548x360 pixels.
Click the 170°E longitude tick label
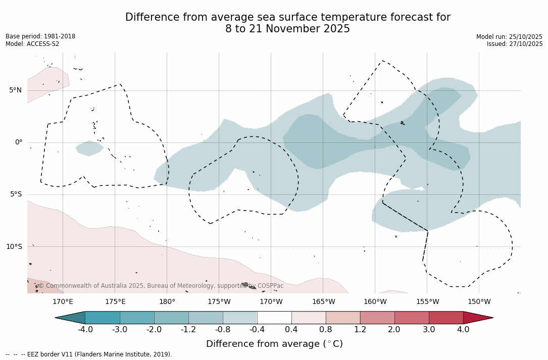click(x=63, y=302)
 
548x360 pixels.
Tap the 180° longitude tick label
click(x=167, y=302)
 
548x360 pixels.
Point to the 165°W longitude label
click(x=323, y=302)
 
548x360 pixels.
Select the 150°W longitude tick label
click(x=479, y=302)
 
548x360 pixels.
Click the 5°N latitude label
click(x=15, y=90)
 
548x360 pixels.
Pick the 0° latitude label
click(x=19, y=142)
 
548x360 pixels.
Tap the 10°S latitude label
click(x=14, y=247)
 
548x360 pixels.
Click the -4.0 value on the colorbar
click(x=85, y=330)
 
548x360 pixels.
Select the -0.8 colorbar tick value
click(x=223, y=330)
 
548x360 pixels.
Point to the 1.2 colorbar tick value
click(x=360, y=330)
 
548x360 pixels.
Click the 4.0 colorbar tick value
click(x=463, y=330)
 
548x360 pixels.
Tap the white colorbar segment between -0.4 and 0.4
click(x=274, y=318)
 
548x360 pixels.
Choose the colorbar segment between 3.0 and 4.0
click(x=446, y=318)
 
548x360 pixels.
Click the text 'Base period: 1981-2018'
click(x=40, y=36)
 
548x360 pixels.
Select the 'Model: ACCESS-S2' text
click(x=32, y=44)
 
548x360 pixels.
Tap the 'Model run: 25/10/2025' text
click(x=509, y=37)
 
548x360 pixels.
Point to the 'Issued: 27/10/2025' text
click(x=515, y=44)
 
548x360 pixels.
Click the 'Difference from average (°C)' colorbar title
click(x=274, y=344)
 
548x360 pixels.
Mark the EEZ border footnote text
click(x=89, y=354)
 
